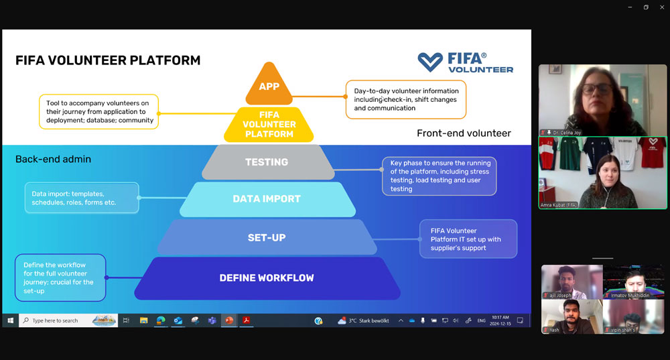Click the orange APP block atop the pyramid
coord(269,86)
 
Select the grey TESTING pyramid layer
coord(267,162)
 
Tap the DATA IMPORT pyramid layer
coord(267,199)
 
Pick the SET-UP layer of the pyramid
coord(267,237)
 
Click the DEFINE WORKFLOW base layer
coord(267,278)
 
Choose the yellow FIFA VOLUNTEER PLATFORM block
coord(269,125)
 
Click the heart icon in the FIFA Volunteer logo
coord(430,62)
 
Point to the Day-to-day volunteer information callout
coord(406,99)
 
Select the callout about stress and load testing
coord(439,176)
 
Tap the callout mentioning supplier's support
coord(468,239)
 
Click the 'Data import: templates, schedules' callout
coord(81,198)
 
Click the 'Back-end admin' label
coord(53,159)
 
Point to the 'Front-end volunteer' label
coord(464,133)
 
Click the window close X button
coord(662,7)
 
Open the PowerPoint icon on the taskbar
coord(228,320)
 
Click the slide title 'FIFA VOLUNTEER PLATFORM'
coord(108,60)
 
